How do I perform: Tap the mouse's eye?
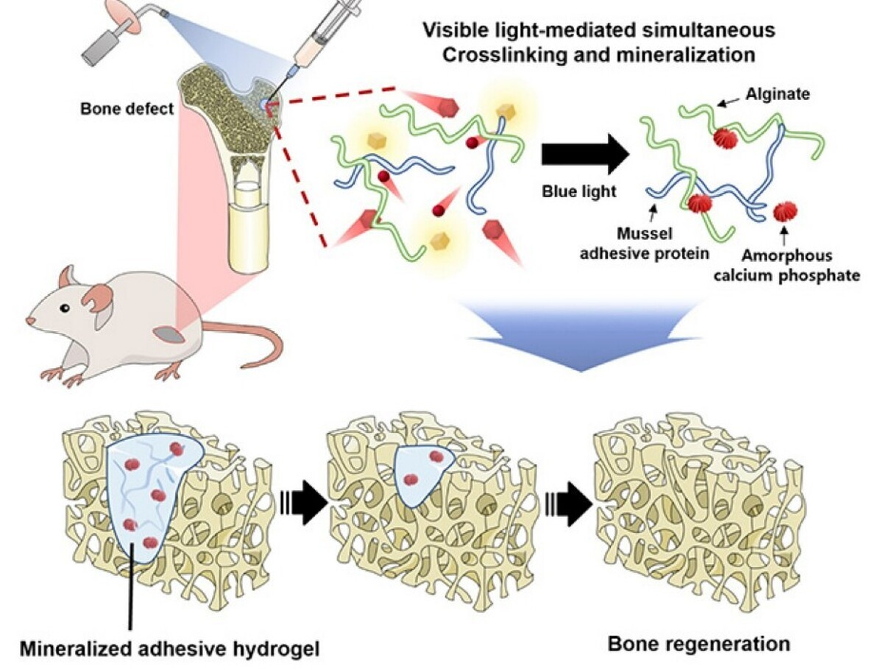pyautogui.click(x=65, y=308)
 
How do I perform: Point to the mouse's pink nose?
pyautogui.click(x=29, y=322)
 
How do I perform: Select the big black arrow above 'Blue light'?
pyautogui.click(x=585, y=154)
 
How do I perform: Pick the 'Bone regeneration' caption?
pyautogui.click(x=698, y=644)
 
